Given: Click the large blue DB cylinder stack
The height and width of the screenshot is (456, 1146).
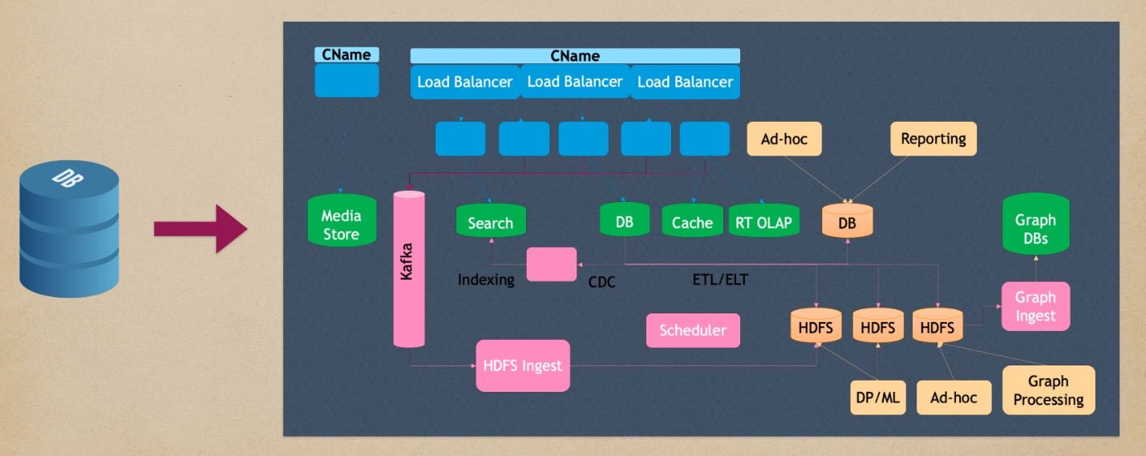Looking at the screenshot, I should coord(68,229).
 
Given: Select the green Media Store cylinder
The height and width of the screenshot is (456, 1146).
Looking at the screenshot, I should coord(341,225).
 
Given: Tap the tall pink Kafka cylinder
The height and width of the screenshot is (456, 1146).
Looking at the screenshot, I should coord(409,268).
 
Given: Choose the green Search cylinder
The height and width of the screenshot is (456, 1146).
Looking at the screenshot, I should coord(490,222).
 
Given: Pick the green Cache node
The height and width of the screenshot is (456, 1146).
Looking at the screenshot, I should coord(692,222).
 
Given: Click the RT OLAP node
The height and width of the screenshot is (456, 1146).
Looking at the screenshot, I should coord(764,222).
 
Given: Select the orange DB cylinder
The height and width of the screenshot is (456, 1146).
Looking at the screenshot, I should coord(847,222).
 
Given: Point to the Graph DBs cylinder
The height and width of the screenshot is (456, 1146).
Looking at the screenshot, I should coord(1035,228).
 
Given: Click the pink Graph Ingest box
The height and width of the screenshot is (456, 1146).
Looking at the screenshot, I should coord(1035,306).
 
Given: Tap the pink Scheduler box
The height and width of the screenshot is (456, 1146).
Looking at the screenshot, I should coord(693,330).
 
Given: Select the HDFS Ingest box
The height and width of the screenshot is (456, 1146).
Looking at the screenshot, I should coord(523,365).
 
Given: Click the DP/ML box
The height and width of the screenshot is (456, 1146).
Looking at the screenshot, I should coord(878,397).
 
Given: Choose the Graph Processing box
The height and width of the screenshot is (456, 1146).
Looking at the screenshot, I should coord(1048,390).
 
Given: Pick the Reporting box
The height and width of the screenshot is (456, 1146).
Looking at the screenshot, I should coord(933,139).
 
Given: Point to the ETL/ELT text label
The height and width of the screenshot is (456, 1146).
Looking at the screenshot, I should coord(720,280).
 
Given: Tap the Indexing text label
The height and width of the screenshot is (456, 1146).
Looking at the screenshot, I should coord(486,280).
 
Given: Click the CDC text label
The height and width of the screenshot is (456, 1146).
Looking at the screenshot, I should coord(601,282).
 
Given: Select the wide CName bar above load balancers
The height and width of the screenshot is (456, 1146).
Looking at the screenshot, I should coord(575,56).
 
